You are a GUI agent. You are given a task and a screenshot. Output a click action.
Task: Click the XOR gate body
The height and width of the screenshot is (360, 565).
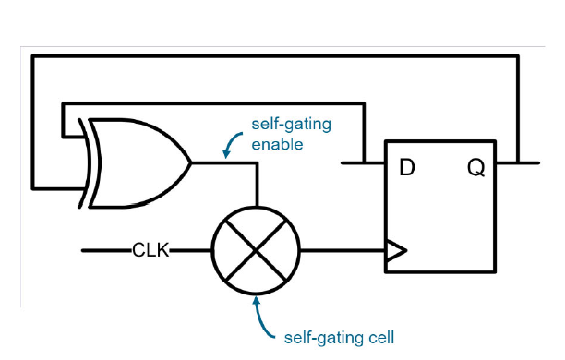click(138, 163)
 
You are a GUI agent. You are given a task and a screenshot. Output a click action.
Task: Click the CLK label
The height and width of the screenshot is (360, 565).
click(150, 250)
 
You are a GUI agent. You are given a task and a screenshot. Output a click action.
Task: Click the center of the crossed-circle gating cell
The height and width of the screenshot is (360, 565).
click(257, 250)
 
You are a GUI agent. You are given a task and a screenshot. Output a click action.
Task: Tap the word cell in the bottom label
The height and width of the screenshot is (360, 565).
click(378, 337)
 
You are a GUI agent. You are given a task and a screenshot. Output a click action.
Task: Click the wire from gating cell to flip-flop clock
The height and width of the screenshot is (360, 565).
click(342, 250)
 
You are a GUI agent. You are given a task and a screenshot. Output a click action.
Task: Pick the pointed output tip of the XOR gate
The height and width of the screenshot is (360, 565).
click(190, 163)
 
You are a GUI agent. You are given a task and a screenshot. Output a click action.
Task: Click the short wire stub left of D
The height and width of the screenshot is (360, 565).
click(362, 164)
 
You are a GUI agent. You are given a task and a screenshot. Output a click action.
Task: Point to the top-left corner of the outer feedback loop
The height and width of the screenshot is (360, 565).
click(32, 58)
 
